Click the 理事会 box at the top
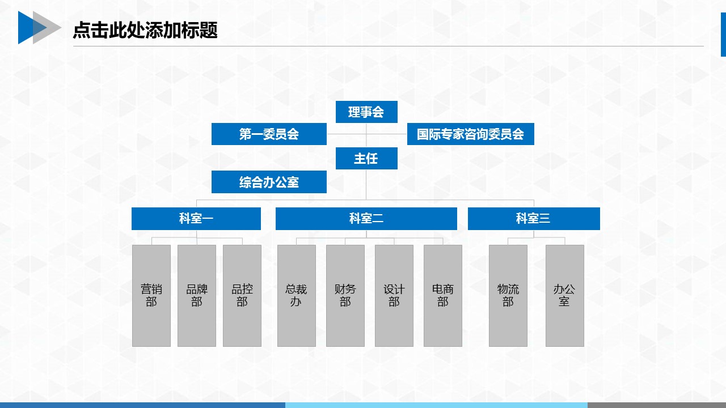pos(366,112)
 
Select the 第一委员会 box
pos(269,134)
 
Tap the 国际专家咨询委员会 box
pos(471,134)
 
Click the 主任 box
pos(366,158)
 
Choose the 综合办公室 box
pos(269,182)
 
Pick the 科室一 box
pos(196,219)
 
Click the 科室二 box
pos(366,219)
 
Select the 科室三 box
pos(534,219)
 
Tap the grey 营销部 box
pos(151,296)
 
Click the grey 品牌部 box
pos(197,296)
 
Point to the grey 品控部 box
pos(242,296)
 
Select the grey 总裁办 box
pos(297,296)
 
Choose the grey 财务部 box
pos(345,296)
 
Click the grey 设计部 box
pos(394,296)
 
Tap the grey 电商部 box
pos(443,296)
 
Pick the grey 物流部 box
pos(508,296)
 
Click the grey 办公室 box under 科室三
pos(565,296)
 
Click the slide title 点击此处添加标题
pos(145,30)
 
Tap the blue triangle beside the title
pos(28,28)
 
